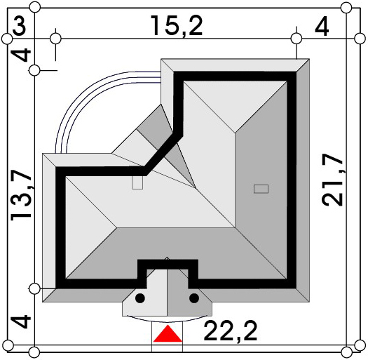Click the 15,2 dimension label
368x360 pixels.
[176, 25]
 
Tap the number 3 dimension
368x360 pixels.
[19, 25]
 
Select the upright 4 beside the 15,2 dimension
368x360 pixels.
[322, 27]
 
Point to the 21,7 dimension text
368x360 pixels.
[332, 180]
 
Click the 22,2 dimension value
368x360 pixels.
[230, 331]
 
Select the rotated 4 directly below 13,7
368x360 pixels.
[21, 322]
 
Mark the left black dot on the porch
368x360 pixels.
[140, 298]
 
